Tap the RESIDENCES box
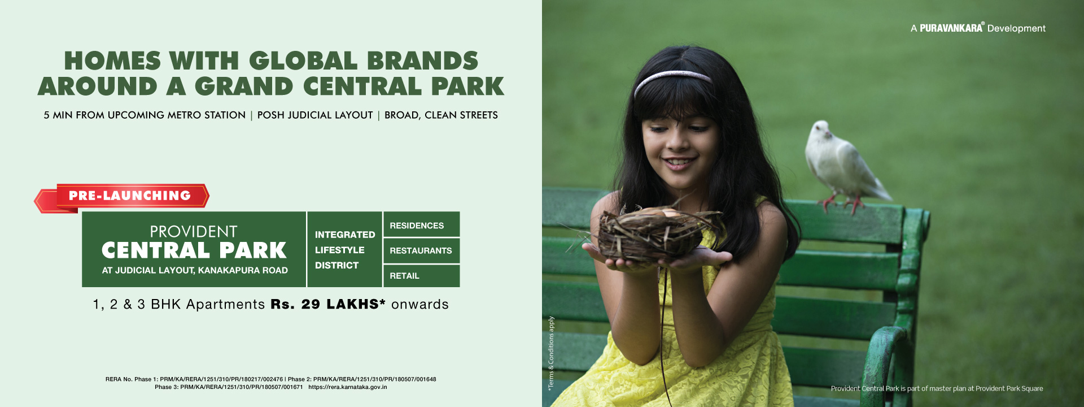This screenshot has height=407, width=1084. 421,224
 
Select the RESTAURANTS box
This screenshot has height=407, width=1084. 421,250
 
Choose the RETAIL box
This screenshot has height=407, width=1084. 421,276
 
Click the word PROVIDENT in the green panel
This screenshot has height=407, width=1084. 194,232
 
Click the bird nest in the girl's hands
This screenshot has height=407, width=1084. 655,232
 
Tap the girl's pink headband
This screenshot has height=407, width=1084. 672,81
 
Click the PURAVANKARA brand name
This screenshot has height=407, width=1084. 951,28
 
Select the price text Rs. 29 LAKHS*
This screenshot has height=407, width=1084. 328,304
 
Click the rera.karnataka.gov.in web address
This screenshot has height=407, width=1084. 348,387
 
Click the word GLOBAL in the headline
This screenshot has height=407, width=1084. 303,60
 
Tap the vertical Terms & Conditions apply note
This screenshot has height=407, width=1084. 551,353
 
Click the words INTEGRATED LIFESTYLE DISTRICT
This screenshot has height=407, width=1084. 345,250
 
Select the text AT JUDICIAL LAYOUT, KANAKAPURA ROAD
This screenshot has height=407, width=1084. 195,270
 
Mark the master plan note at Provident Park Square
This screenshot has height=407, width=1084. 937,388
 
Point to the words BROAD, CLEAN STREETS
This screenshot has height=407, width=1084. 441,115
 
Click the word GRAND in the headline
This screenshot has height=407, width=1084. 244,86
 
